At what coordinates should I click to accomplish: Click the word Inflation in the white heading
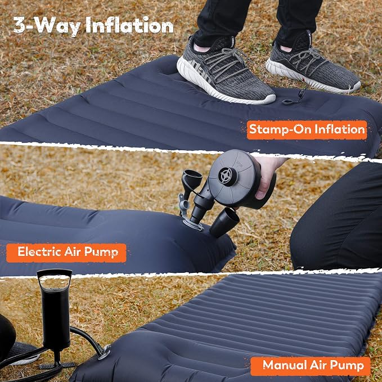coord(129,25)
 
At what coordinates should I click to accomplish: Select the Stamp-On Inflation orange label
coord(307,130)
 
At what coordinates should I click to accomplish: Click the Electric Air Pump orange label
coord(66,253)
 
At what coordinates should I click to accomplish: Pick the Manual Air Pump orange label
coord(311,366)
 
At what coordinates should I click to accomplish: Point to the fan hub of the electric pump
coord(227,177)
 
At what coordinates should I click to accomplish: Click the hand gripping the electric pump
coord(267,176)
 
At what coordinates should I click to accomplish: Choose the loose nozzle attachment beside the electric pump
coord(224,222)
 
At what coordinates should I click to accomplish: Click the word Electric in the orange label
coord(39,251)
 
